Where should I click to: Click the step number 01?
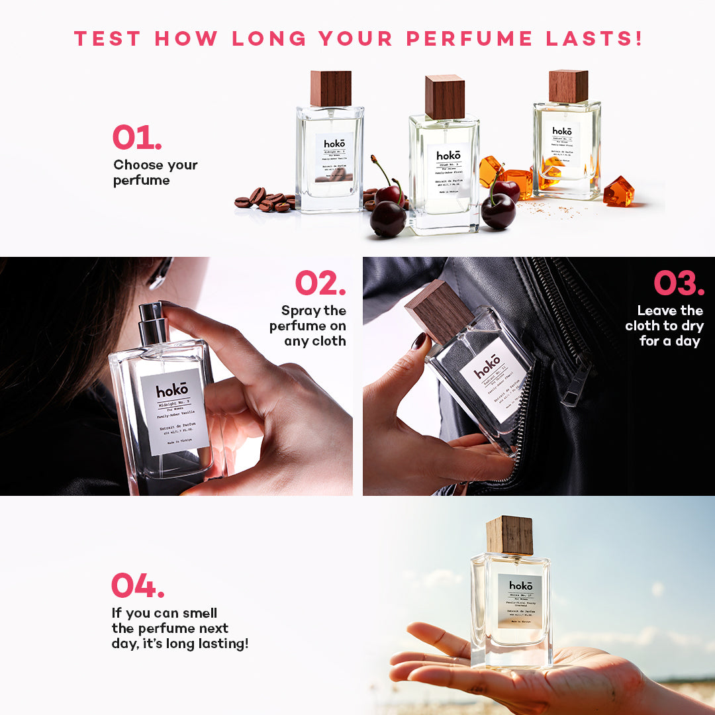pos(136,137)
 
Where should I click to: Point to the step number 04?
pos(138,585)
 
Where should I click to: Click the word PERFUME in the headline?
pos(469,38)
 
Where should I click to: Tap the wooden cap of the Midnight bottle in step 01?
pos(330,88)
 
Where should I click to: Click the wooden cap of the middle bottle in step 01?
pos(444,97)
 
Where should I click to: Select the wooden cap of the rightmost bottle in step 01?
pos(568,86)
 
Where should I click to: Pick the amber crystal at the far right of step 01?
pos(618,192)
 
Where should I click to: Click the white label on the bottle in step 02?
pos(175,411)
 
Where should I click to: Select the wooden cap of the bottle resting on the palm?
pos(509,535)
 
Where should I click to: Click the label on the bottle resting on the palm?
pos(520,601)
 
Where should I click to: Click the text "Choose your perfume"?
pos(155,173)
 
